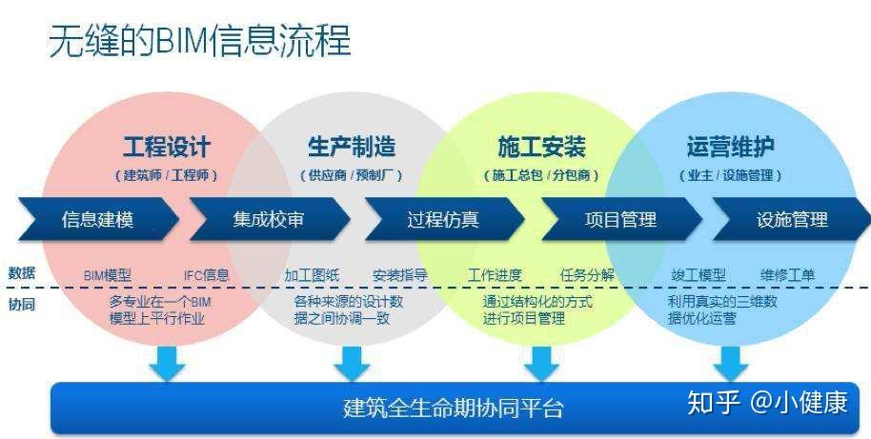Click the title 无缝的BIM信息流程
tap(199, 41)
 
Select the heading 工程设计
tap(166, 147)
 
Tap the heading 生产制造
tap(351, 147)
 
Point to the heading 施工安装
tap(541, 147)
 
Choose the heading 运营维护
tap(730, 147)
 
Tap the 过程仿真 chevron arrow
tap(443, 220)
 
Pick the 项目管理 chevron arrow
tap(620, 220)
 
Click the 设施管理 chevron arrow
tap(792, 220)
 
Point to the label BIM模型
tap(107, 275)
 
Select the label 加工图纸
tap(311, 275)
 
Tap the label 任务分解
tap(587, 275)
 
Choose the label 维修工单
tap(787, 275)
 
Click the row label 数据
tap(21, 272)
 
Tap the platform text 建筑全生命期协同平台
tap(453, 409)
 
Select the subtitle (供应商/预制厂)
tap(351, 175)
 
